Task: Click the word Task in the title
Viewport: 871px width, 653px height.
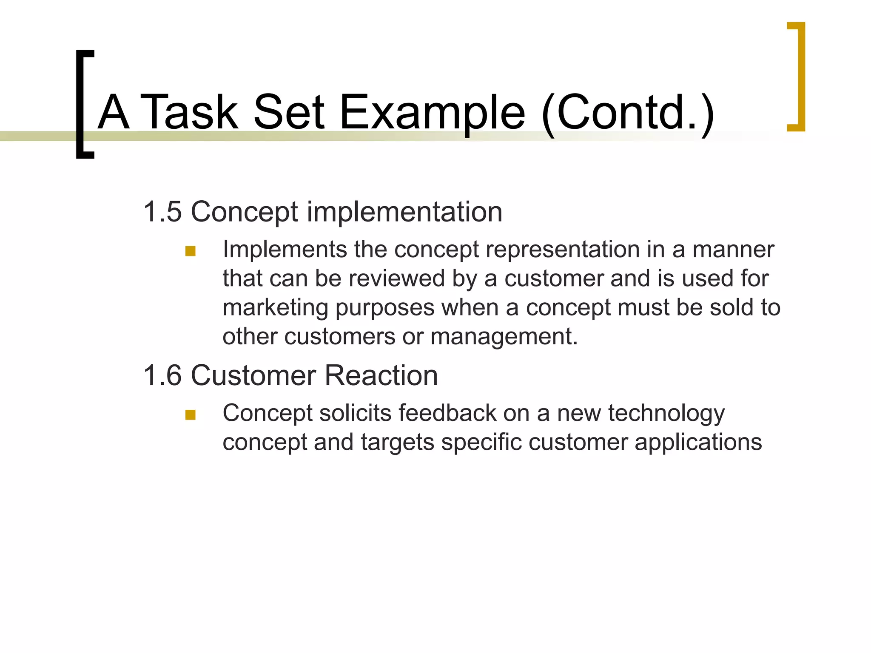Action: (189, 112)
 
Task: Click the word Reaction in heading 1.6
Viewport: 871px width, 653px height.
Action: (381, 375)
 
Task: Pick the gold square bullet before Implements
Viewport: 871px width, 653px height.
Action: (190, 251)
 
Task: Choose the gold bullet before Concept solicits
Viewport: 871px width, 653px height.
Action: (190, 415)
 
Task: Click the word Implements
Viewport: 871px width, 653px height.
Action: (285, 250)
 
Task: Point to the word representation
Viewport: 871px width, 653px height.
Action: (563, 250)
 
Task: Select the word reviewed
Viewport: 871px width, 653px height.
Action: (397, 279)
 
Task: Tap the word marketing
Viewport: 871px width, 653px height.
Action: (275, 308)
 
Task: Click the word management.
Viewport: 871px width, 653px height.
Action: (504, 337)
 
